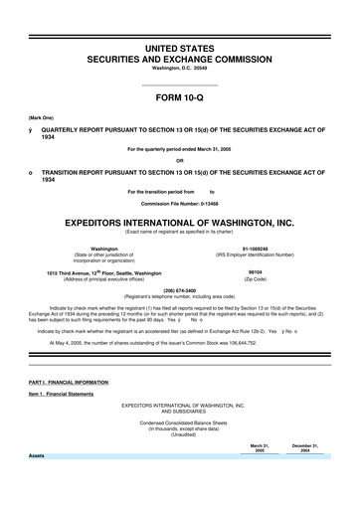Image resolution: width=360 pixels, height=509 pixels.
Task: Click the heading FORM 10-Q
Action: point(180,98)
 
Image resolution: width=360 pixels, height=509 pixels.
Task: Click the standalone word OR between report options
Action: point(179,161)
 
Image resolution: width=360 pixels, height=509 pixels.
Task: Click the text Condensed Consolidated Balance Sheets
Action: point(180,426)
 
